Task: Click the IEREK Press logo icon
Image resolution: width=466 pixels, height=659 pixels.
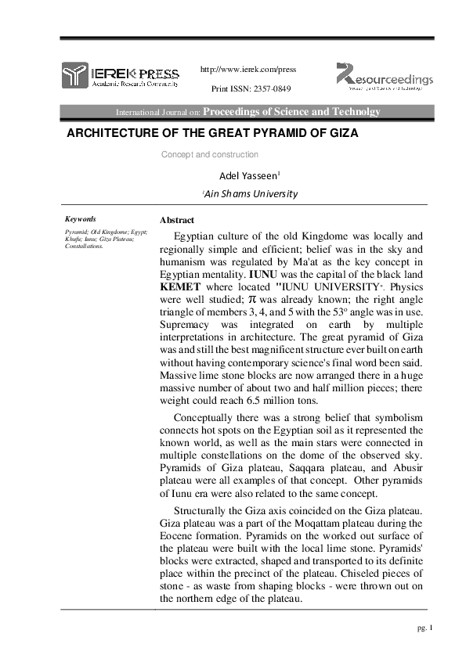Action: [76, 75]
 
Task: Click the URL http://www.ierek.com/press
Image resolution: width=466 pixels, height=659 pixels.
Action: [249, 69]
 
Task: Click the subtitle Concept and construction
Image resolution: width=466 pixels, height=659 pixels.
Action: [209, 155]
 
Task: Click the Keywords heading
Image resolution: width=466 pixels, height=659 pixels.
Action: [81, 219]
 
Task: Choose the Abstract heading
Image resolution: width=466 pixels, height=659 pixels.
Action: [176, 220]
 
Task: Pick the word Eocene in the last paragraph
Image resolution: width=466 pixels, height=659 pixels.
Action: [176, 535]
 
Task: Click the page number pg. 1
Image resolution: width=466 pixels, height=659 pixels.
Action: [422, 629]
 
